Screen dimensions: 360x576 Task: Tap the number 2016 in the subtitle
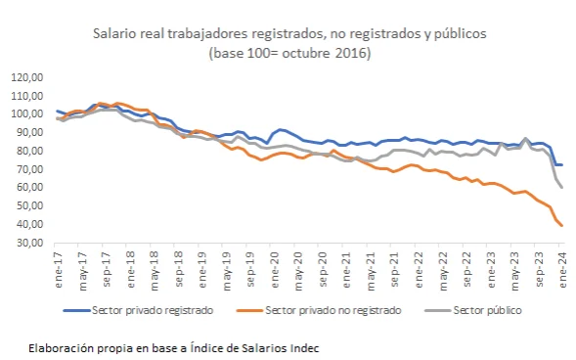pyautogui.click(x=353, y=53)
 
